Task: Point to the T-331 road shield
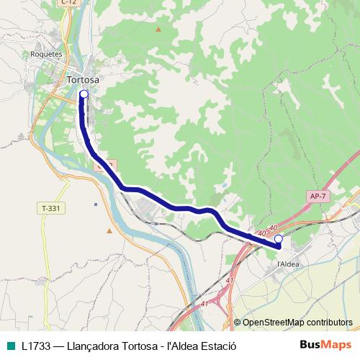pyautogui.click(x=50, y=208)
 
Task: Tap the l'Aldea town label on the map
pyautogui.click(x=288, y=264)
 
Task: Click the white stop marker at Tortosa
pyautogui.click(x=84, y=94)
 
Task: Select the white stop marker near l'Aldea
pyautogui.click(x=279, y=238)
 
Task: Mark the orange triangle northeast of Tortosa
pyautogui.click(x=158, y=30)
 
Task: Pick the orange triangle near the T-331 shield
pyautogui.click(x=109, y=231)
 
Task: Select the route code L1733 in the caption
pyautogui.click(x=36, y=345)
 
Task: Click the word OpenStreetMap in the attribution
pyautogui.click(x=273, y=323)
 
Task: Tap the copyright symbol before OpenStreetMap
pyautogui.click(x=237, y=323)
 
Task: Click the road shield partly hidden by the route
pyautogui.click(x=104, y=165)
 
